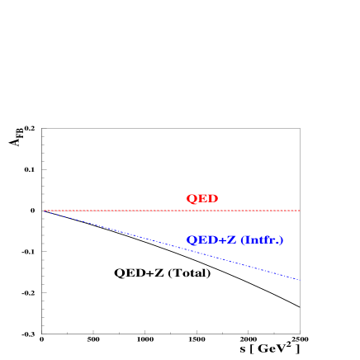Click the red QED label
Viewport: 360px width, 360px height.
pyautogui.click(x=201, y=199)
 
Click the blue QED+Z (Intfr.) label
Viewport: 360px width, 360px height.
pyautogui.click(x=234, y=240)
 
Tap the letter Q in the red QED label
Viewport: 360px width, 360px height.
pyautogui.click(x=191, y=199)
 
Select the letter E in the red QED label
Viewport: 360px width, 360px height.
pyautogui.click(x=202, y=199)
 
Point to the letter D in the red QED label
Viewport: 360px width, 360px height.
pyautogui.click(x=212, y=199)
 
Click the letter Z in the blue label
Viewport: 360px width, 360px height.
pyautogui.click(x=231, y=240)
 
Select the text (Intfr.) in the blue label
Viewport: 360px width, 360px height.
pyautogui.click(x=262, y=240)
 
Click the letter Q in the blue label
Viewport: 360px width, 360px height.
pyautogui.click(x=191, y=240)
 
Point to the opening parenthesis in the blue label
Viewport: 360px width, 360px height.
pyautogui.click(x=243, y=240)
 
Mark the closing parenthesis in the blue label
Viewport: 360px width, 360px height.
pyautogui.click(x=281, y=240)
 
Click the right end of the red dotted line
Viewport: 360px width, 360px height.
pyautogui.click(x=299, y=211)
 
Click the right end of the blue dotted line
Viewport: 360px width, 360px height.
pyautogui.click(x=299, y=279)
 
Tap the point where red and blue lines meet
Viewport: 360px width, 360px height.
pyautogui.click(x=45, y=211)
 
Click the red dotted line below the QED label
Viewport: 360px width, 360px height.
pyautogui.click(x=201, y=211)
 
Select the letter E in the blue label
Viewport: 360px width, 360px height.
pyautogui.click(x=201, y=240)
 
